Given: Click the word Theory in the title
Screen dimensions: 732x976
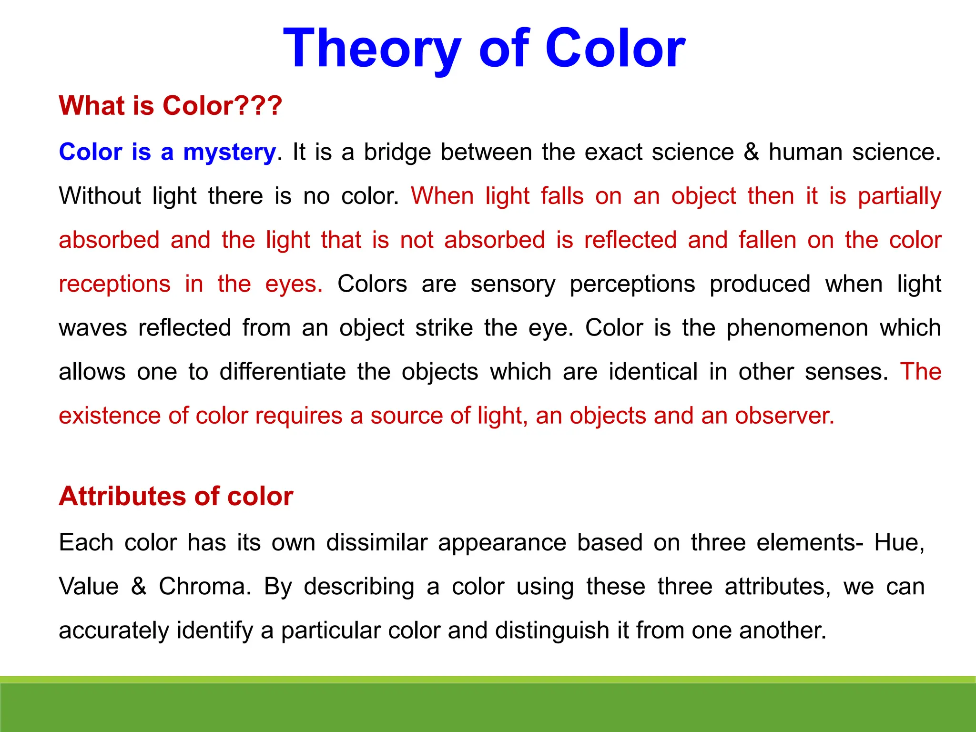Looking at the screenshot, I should click(372, 49).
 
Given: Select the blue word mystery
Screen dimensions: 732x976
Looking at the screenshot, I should click(229, 152).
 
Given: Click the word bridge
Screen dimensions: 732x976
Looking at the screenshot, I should click(397, 152).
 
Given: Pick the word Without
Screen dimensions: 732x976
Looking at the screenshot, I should click(100, 196).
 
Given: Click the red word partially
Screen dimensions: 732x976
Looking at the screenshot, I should click(899, 197).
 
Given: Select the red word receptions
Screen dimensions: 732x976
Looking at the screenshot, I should click(114, 285).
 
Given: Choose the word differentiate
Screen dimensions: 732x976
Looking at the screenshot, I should click(283, 372).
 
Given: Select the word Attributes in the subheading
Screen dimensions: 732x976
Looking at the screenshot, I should click(122, 497).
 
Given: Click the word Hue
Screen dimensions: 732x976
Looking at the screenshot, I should click(899, 543).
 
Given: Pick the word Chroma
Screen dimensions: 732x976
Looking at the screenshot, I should click(205, 587).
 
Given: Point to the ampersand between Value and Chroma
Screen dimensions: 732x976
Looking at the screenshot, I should click(139, 587).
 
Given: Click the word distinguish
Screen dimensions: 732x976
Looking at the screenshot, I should click(552, 631).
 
